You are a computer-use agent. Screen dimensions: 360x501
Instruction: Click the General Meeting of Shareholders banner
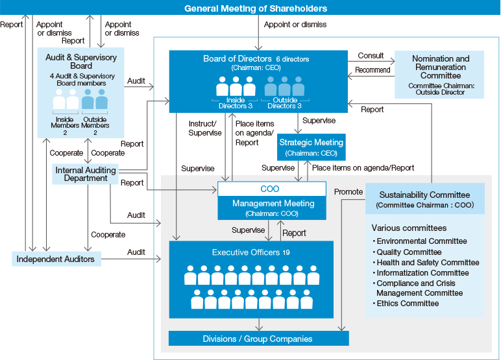(256, 8)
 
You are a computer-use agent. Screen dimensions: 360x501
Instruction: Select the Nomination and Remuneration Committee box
(440, 75)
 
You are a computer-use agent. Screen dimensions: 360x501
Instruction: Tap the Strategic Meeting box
(311, 147)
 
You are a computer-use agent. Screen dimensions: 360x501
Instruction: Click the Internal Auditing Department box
(86, 174)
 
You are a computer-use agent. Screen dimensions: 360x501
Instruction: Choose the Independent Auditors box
(56, 259)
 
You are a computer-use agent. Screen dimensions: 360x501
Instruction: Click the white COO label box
(271, 189)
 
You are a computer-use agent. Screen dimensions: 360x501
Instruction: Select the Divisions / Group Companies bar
(258, 339)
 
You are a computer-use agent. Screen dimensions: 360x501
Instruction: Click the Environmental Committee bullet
(420, 241)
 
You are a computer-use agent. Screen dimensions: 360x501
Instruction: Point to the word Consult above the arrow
(371, 56)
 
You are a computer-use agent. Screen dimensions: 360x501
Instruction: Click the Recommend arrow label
(373, 69)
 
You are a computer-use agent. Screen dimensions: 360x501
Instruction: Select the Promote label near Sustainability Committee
(348, 191)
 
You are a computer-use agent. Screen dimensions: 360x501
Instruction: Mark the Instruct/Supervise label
(204, 128)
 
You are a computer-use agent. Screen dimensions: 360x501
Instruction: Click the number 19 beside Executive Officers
(286, 252)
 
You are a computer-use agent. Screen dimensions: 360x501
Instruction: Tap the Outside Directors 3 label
(286, 103)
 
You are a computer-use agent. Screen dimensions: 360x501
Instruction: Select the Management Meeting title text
(273, 204)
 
